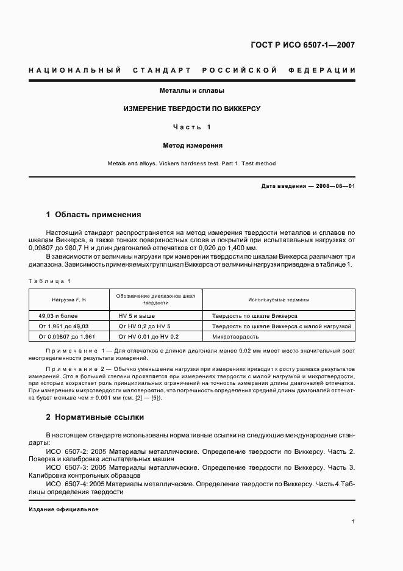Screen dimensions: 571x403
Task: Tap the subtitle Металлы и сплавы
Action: pos(192,90)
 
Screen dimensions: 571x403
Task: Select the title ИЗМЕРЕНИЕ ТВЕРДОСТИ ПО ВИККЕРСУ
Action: pos(192,109)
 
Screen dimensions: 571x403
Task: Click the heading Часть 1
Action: pos(192,127)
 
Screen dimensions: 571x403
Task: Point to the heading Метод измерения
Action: pos(192,146)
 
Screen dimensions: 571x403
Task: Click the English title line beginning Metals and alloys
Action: pos(192,163)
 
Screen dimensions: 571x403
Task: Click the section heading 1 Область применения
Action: pos(94,215)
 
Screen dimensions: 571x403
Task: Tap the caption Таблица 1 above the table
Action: pos(50,281)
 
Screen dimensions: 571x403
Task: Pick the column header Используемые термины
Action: pos(278,300)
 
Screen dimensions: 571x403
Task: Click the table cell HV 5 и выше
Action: pos(137,317)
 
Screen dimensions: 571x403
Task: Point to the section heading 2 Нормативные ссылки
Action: pos(95,418)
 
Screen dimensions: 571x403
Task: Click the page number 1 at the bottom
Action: pos(353,522)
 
